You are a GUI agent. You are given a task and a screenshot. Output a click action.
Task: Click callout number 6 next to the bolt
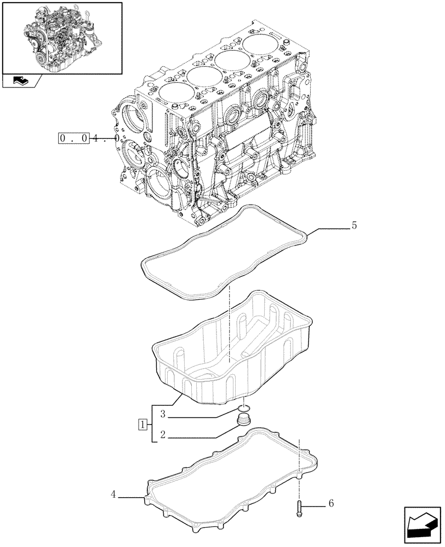(x=330, y=503)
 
